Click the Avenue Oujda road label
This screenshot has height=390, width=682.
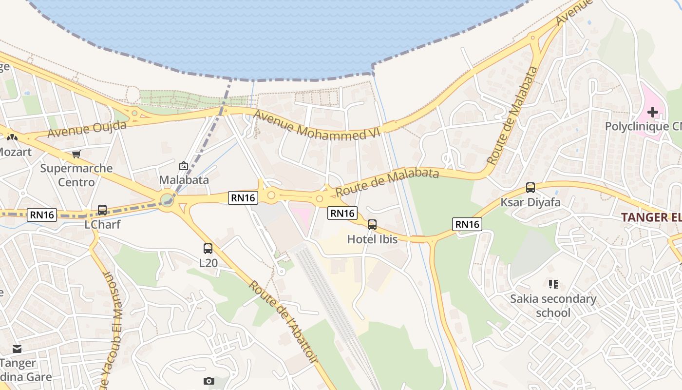pos(87,129)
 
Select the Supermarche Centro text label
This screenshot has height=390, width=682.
pos(76,175)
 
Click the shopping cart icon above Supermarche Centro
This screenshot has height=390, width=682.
pos(76,155)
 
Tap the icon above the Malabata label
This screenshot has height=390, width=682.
pos(184,166)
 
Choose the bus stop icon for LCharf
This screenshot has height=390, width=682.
pos(102,210)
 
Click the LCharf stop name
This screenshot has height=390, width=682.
pos(102,225)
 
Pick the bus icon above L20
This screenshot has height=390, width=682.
pos(208,249)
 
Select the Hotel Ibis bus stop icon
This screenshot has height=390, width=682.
pos(372,225)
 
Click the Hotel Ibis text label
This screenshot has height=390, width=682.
pos(372,239)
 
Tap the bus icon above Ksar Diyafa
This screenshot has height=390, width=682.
pos(530,188)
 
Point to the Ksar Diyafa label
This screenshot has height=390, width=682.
pos(530,202)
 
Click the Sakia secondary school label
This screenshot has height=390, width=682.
pos(553,306)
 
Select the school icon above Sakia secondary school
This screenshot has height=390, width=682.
pos(553,284)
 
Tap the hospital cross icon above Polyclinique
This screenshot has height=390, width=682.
pos(652,112)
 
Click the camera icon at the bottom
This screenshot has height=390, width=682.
pos(209,381)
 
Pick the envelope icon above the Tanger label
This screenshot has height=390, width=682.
pos(17,349)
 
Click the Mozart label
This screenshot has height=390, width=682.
pos(15,152)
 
